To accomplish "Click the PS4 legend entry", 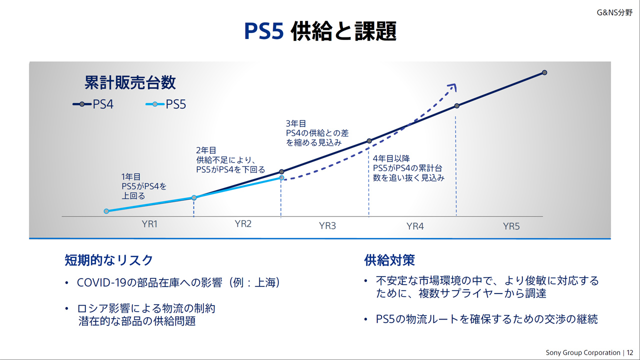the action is (x=93, y=104).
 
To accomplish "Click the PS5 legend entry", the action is (x=165, y=104).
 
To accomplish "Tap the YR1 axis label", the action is (x=149, y=224).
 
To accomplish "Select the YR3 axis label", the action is (x=327, y=225).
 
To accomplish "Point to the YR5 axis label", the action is (x=511, y=226).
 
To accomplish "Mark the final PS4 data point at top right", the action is (x=544, y=72).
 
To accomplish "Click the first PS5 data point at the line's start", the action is (x=106, y=211).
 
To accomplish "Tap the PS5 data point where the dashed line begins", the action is (x=281, y=177).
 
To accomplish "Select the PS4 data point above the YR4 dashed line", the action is (x=457, y=106).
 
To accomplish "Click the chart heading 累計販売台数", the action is (x=130, y=82).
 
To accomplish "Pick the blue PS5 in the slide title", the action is (x=263, y=31).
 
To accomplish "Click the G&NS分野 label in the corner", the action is (x=614, y=12).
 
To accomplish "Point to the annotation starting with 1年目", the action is (x=143, y=186).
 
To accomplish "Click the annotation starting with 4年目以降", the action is (x=408, y=168).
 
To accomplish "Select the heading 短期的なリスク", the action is (x=109, y=260).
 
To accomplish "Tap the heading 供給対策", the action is (x=389, y=260).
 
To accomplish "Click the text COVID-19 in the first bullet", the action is (x=101, y=282).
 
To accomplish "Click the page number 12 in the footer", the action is (x=629, y=352).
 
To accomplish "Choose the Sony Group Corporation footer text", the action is (x=583, y=352).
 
